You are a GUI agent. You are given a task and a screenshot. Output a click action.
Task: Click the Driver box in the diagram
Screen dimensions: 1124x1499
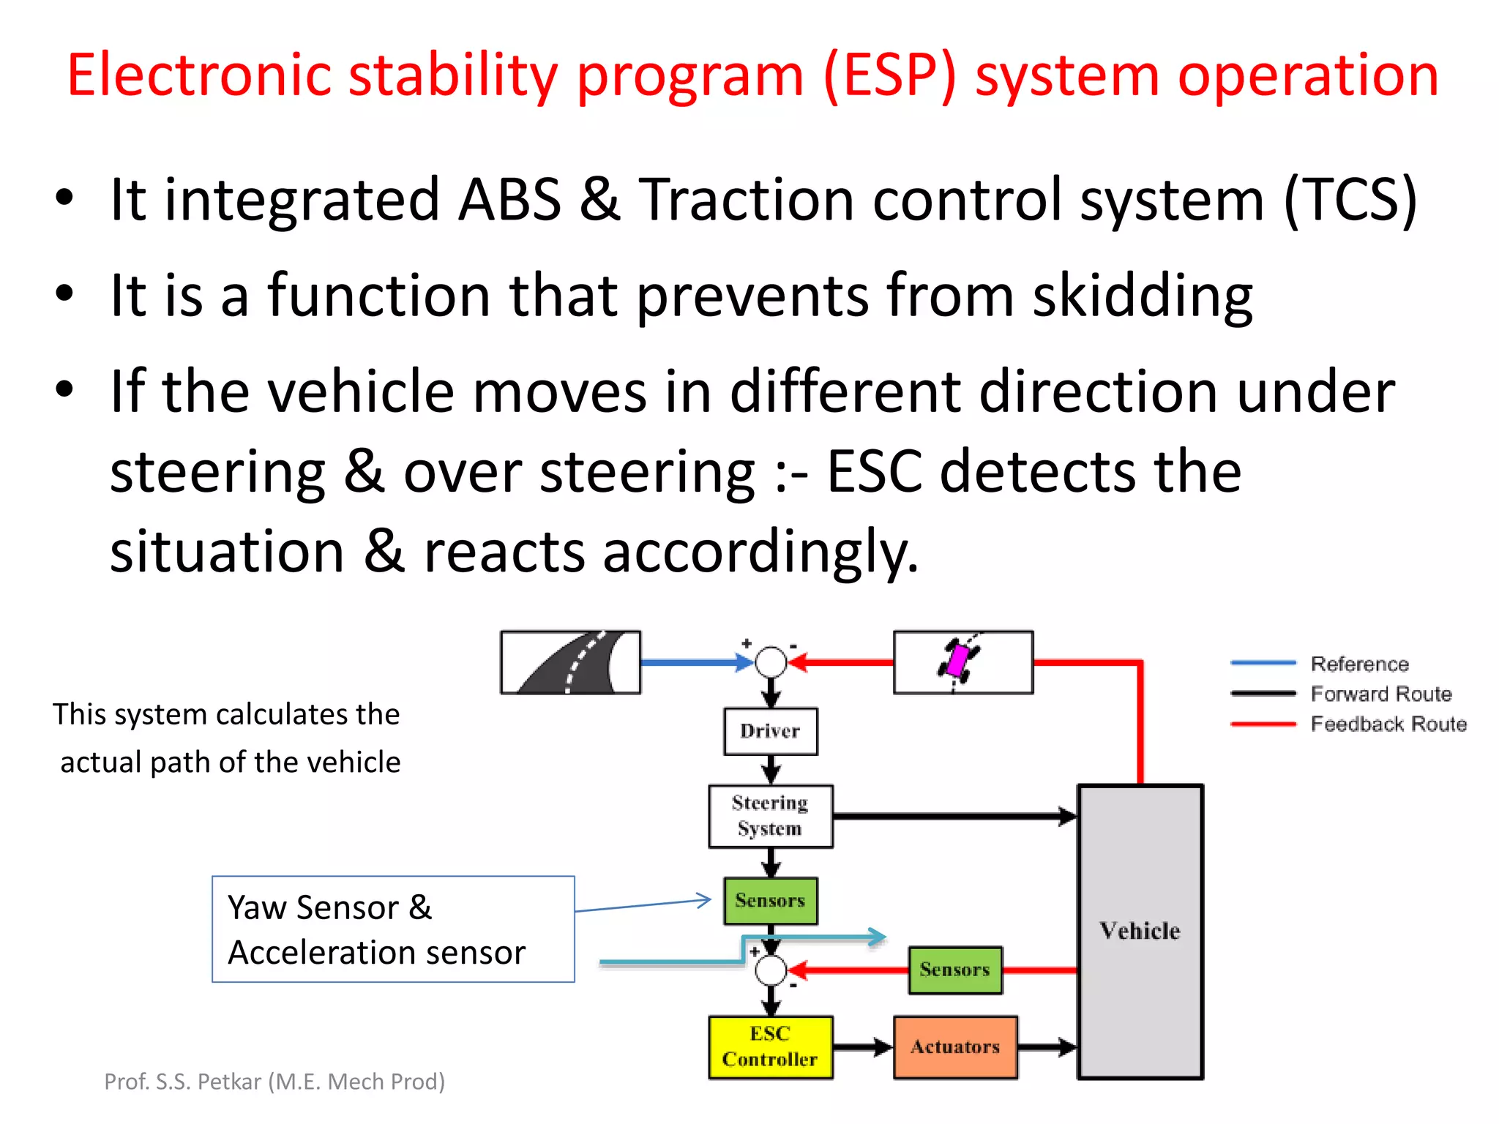tap(770, 731)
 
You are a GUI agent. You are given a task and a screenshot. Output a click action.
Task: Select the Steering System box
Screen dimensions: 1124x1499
tap(770, 816)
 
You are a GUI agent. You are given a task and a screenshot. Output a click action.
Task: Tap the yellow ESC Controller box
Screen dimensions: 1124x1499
tap(770, 1046)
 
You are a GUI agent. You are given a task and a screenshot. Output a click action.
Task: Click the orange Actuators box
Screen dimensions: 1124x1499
tap(955, 1046)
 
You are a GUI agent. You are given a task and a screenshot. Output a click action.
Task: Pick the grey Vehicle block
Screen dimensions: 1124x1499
tap(1140, 931)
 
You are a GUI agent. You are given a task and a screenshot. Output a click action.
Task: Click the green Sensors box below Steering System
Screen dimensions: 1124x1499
tap(770, 901)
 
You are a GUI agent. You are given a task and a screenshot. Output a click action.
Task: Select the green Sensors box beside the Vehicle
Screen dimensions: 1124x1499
tap(954, 970)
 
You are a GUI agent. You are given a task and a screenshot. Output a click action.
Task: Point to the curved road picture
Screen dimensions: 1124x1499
tap(570, 662)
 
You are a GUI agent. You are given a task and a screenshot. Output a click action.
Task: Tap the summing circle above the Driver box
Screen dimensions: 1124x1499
tap(770, 662)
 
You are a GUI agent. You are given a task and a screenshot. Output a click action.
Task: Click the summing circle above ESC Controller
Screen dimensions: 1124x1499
tap(770, 971)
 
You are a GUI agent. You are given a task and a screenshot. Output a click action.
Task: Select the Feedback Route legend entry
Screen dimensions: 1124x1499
tap(1388, 724)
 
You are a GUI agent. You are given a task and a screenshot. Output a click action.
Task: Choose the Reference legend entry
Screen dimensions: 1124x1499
tap(1359, 664)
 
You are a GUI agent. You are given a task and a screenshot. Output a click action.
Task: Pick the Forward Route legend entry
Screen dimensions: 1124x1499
tap(1380, 694)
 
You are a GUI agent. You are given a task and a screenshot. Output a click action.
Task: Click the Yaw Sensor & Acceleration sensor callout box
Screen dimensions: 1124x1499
tap(393, 929)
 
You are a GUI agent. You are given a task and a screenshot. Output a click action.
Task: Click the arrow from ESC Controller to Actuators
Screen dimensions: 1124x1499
tap(863, 1047)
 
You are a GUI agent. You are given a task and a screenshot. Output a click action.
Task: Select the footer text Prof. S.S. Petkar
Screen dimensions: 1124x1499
tap(274, 1081)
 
